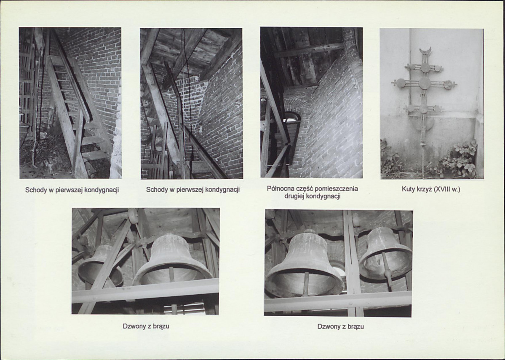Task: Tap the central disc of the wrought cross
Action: click(x=425, y=83)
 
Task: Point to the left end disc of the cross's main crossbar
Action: click(x=401, y=83)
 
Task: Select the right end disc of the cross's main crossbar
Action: click(x=448, y=84)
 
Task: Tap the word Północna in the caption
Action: click(x=280, y=188)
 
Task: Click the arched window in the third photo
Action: click(x=291, y=117)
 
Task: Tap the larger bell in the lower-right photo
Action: click(x=305, y=264)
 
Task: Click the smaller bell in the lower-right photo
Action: click(x=385, y=255)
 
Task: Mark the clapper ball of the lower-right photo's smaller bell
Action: click(x=388, y=274)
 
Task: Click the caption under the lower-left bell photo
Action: click(x=146, y=326)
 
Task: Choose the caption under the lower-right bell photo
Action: click(x=340, y=326)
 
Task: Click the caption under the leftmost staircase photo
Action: click(x=72, y=190)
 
